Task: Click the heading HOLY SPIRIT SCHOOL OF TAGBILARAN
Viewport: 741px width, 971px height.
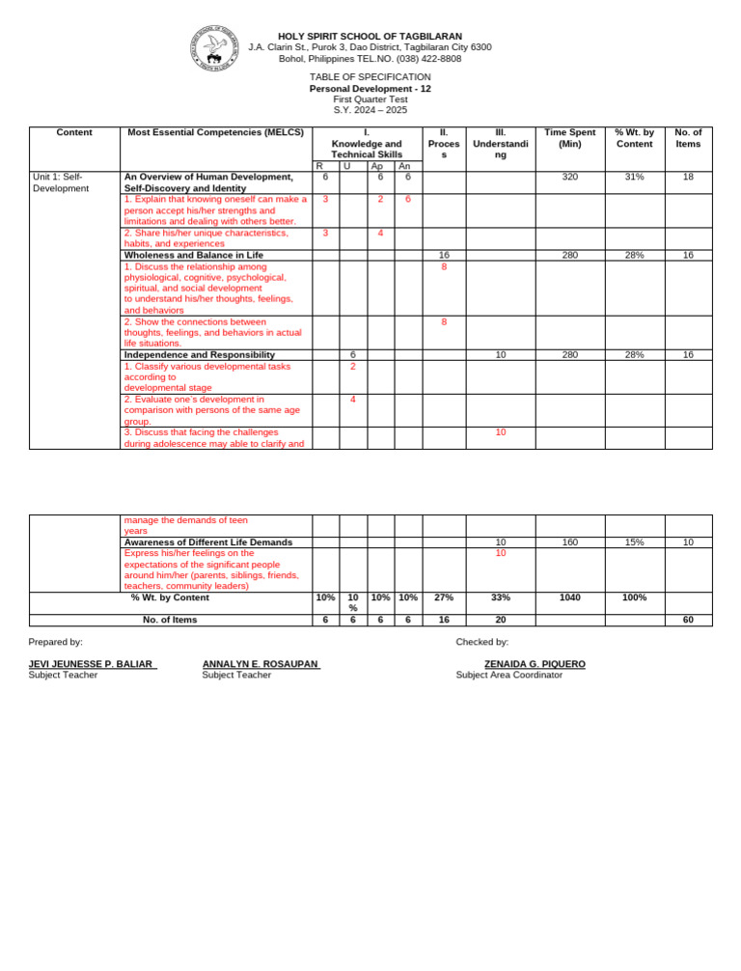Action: (x=370, y=36)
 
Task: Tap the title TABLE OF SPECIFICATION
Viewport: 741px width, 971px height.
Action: (x=370, y=76)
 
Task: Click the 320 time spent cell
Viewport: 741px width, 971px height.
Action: (x=568, y=177)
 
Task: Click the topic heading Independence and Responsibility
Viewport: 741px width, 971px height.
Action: (x=200, y=355)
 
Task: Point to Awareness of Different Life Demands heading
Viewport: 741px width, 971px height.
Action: (x=208, y=542)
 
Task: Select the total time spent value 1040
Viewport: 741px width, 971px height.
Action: (x=568, y=598)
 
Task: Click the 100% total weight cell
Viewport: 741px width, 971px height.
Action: (x=634, y=598)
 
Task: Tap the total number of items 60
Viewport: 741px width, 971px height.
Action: (x=688, y=621)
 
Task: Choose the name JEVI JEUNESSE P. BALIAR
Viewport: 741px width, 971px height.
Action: (x=93, y=664)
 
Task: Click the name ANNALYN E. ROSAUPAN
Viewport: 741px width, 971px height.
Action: (x=261, y=664)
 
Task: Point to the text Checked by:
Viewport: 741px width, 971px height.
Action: (x=481, y=641)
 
